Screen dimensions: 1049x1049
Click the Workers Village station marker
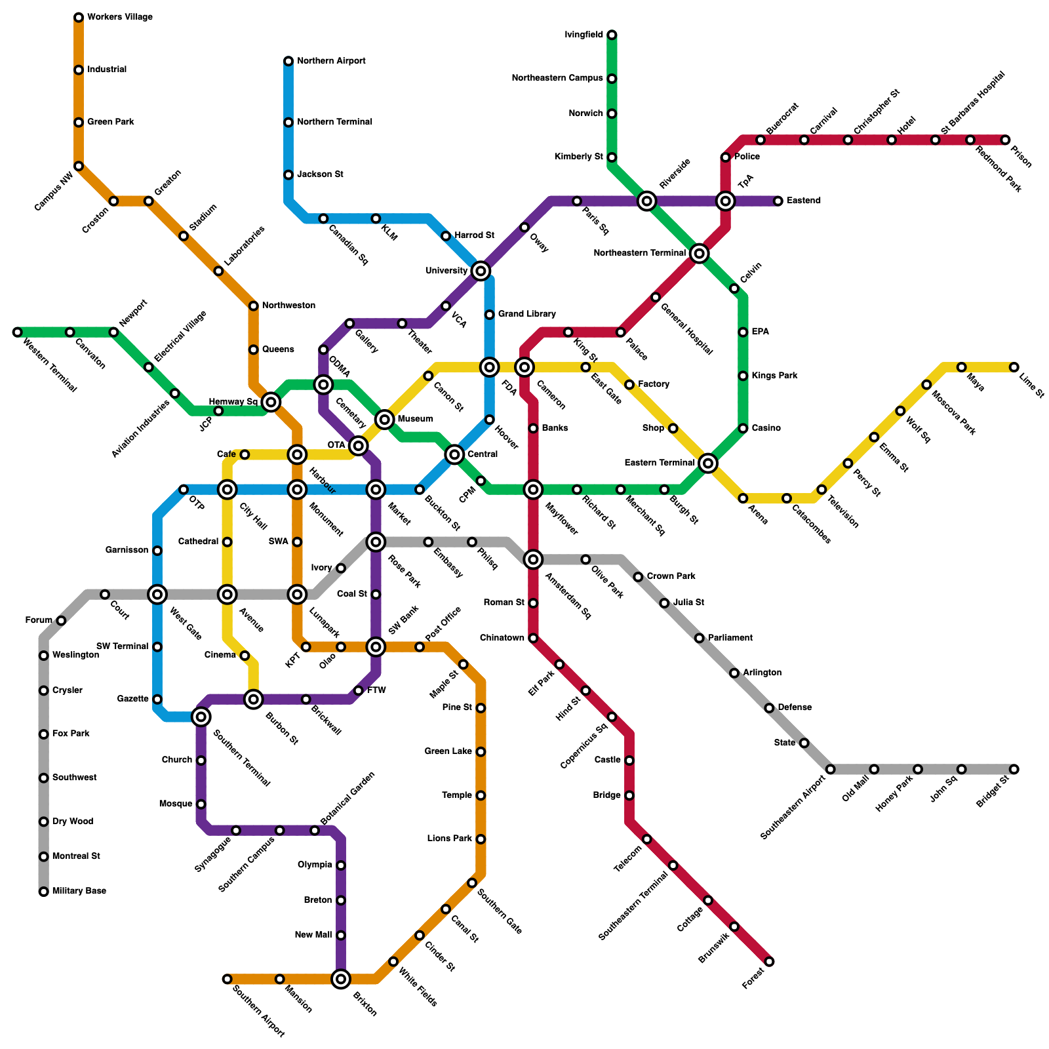[x=79, y=18]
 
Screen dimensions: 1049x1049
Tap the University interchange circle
[x=481, y=271]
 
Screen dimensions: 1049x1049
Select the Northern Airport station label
[x=331, y=61]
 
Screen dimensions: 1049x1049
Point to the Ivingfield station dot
[x=612, y=35]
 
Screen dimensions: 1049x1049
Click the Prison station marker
[x=1005, y=140]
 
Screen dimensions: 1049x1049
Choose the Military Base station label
[x=79, y=891]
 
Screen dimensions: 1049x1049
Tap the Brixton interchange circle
[x=341, y=980]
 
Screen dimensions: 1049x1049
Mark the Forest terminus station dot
[x=769, y=962]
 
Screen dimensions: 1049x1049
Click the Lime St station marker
[x=1014, y=367]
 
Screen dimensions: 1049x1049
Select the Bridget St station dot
[x=1014, y=769]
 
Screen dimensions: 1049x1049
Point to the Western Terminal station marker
[x=18, y=332]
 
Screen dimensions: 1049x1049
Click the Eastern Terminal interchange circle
[x=707, y=464]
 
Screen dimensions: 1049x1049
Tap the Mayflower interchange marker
[x=534, y=490]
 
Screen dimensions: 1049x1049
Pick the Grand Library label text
[x=526, y=315]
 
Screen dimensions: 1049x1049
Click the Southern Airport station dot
[x=228, y=980]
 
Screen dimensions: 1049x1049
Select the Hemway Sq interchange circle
[x=271, y=402]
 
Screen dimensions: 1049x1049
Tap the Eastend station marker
[x=778, y=201]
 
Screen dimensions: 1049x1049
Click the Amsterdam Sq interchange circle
[x=534, y=559]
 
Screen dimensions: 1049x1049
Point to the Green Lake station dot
[x=481, y=752]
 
